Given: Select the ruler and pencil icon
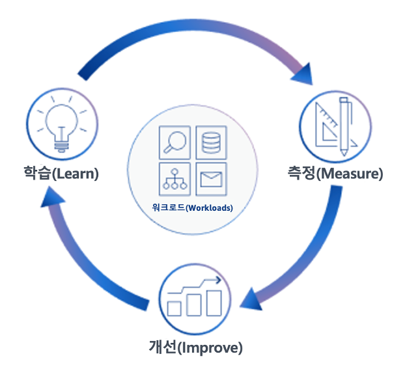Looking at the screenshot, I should point(335,124).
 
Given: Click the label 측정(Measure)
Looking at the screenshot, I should point(335,174).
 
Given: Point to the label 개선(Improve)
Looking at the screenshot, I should point(195,347).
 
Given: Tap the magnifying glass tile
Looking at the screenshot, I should point(175,142).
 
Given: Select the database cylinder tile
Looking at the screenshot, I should point(211,142).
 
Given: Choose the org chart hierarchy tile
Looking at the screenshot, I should point(175,178).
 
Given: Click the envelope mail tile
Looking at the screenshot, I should point(211,178).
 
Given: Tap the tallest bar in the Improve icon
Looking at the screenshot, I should point(214,301).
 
